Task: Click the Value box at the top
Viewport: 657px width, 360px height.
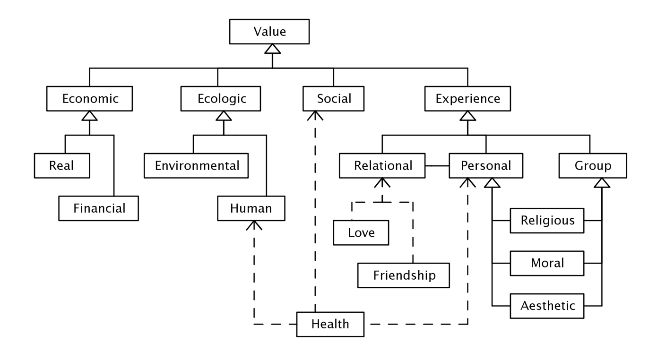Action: [269, 32]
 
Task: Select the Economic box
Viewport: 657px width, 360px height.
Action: [90, 99]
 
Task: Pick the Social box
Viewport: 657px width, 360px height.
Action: [334, 99]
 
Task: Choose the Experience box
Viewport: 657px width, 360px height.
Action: [467, 99]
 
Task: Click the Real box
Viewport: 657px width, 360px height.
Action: [62, 166]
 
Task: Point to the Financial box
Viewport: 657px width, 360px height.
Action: [99, 208]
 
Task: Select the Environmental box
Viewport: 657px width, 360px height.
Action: [197, 166]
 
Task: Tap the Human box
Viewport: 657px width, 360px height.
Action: [251, 208]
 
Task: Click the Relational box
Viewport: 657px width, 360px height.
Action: [383, 166]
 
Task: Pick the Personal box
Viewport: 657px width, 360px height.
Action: [486, 166]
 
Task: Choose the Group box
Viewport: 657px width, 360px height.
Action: [593, 166]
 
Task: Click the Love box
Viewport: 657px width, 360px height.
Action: [361, 233]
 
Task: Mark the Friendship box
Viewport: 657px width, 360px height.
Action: [404, 275]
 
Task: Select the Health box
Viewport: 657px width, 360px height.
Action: [330, 324]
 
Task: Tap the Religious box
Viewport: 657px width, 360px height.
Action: [547, 220]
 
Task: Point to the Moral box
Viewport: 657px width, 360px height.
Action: [547, 262]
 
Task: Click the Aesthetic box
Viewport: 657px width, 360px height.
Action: [547, 305]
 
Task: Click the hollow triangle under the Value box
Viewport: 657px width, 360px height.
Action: [273, 48]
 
